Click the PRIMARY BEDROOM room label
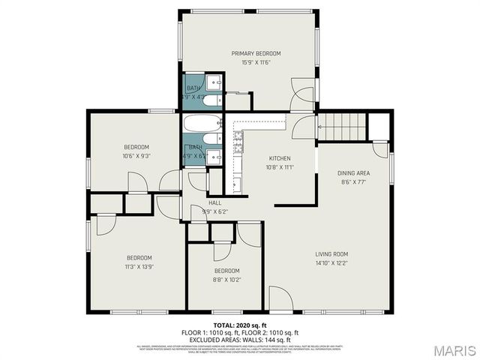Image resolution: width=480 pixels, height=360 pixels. click(x=256, y=53)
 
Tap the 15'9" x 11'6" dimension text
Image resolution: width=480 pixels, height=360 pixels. click(x=256, y=62)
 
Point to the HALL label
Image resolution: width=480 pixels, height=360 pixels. click(x=214, y=203)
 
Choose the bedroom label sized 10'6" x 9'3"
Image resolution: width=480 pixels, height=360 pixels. click(x=136, y=147)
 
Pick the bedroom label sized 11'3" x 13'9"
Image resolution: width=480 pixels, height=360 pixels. click(x=139, y=257)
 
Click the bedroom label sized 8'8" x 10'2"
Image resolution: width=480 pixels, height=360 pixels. click(x=226, y=270)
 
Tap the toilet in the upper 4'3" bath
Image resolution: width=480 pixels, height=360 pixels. click(x=211, y=98)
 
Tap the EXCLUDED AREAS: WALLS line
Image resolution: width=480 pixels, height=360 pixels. click(x=240, y=338)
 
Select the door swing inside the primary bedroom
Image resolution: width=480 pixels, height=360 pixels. click(x=302, y=97)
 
